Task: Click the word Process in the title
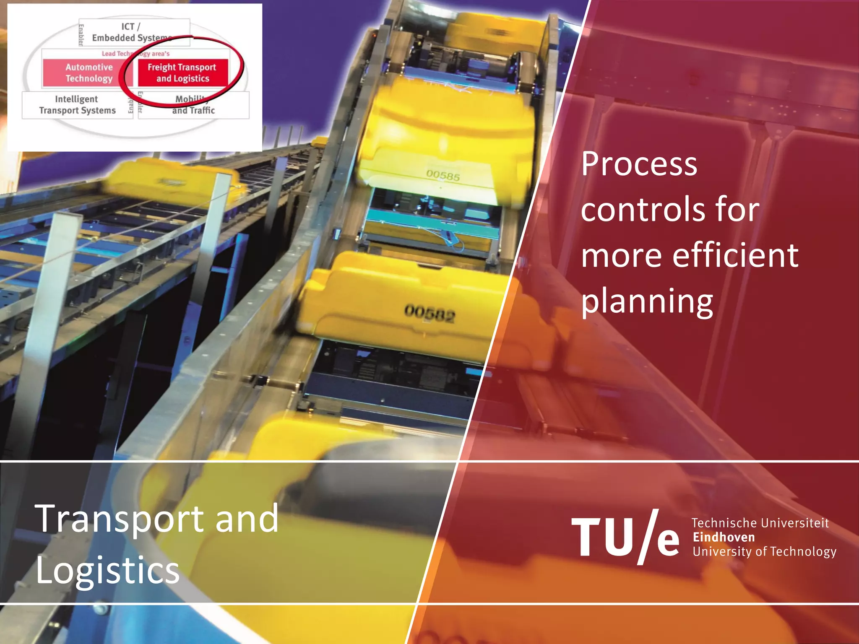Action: (639, 164)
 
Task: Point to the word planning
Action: (647, 302)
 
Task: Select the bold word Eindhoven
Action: (724, 537)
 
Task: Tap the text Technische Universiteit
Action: (760, 523)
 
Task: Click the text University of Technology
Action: (764, 551)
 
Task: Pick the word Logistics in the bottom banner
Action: (108, 570)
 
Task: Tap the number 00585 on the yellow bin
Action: (443, 175)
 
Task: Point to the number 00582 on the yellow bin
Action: (429, 314)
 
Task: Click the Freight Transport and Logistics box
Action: (182, 73)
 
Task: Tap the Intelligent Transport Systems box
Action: (77, 105)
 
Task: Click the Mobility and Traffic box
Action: (193, 105)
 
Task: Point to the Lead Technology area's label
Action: (135, 54)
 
